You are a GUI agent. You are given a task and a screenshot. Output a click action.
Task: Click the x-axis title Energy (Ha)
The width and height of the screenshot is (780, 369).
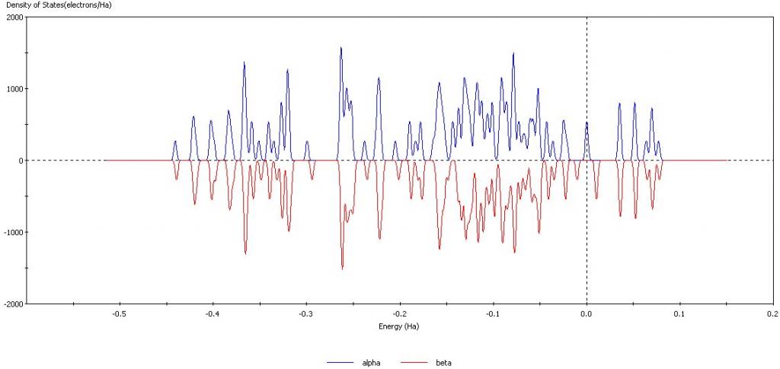(398, 326)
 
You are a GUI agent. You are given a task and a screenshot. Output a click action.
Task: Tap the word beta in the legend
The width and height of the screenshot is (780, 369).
(445, 363)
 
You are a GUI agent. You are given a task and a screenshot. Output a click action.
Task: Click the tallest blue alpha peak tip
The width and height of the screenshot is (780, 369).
(340, 47)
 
